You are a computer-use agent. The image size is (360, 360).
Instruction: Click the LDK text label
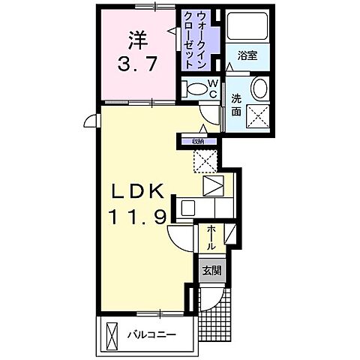coord(137,192)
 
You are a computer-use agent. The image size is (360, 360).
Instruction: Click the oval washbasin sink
coord(260,88)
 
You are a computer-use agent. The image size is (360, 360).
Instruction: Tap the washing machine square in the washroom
coord(260,118)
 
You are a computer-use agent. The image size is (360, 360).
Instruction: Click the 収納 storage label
coord(197,139)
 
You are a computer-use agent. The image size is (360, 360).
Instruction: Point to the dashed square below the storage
coord(205,160)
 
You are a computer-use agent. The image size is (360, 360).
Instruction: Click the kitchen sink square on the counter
coord(213,184)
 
